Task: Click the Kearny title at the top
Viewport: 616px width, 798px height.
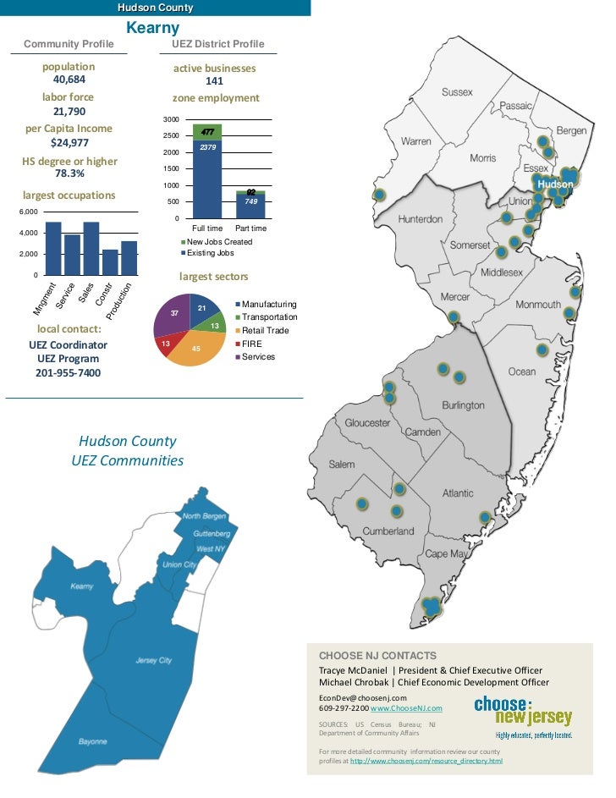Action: coord(153,28)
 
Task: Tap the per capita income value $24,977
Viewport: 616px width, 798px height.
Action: coord(69,142)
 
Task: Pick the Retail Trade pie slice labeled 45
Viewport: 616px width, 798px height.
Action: coord(195,348)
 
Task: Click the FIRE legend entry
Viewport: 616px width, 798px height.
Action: coord(252,344)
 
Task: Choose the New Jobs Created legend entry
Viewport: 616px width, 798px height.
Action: coord(217,242)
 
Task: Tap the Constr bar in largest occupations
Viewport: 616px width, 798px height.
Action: coord(110,262)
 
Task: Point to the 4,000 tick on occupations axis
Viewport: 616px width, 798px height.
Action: coord(28,233)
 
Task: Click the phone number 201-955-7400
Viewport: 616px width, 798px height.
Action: coord(68,372)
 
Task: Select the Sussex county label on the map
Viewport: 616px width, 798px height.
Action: coord(457,91)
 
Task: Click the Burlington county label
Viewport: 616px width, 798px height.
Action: coord(463,405)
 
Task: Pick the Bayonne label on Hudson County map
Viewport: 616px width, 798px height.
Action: coord(92,741)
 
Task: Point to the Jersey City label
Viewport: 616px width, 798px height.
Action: coord(153,660)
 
